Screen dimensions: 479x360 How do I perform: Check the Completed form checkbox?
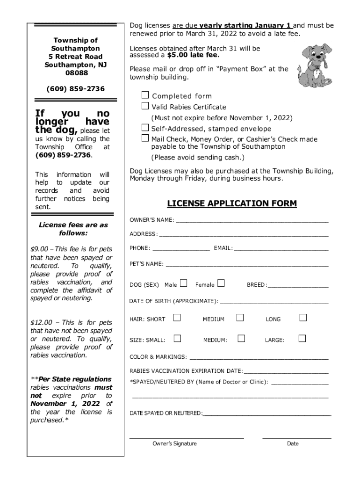[145, 95]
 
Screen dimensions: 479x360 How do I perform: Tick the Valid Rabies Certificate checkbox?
[145, 106]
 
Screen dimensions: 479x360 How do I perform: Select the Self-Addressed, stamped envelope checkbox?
[145, 128]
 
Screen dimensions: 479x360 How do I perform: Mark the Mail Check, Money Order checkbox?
[145, 138]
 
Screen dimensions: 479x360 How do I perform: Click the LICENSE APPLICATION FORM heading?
[232, 203]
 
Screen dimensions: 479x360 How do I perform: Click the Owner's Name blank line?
[252, 220]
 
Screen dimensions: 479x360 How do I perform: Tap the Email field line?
[281, 248]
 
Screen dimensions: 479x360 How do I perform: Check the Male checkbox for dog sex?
[183, 283]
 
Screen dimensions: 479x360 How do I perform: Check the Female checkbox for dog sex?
[221, 283]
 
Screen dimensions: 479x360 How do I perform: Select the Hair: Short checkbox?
[177, 318]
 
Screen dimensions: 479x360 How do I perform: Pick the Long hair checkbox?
[303, 318]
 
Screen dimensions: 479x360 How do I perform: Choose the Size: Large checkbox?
[302, 339]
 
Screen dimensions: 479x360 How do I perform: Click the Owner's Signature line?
[186, 437]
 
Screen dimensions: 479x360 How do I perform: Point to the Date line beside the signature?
[296, 437]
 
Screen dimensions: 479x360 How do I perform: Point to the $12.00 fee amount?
[41, 322]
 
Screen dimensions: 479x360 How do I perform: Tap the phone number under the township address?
[75, 89]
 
